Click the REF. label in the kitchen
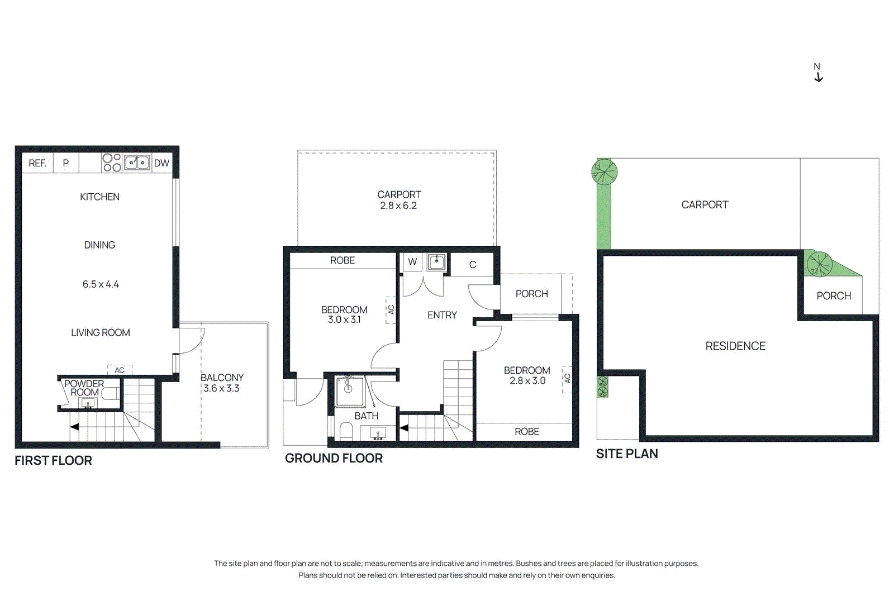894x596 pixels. point(37,163)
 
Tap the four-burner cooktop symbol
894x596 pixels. point(112,163)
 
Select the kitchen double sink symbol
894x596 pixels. point(137,163)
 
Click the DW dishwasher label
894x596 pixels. point(161,163)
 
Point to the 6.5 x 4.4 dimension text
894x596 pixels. point(101,284)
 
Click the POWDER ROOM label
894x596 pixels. point(84,388)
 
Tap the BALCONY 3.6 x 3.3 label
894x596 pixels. point(222,383)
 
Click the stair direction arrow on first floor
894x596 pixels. point(74,427)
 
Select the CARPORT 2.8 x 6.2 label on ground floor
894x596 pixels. point(398,200)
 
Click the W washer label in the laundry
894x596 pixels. point(412,261)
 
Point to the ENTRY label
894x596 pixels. point(442,315)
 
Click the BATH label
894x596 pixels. point(367,416)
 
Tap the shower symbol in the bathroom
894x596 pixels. point(349,390)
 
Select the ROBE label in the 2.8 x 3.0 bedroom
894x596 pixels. point(527,432)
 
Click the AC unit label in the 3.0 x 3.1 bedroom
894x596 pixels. point(391,309)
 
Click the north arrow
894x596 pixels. point(818,73)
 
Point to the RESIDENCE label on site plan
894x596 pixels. point(735,346)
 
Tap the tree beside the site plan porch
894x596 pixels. point(820,264)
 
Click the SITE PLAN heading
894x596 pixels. point(626,454)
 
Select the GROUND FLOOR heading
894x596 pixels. point(334,458)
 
